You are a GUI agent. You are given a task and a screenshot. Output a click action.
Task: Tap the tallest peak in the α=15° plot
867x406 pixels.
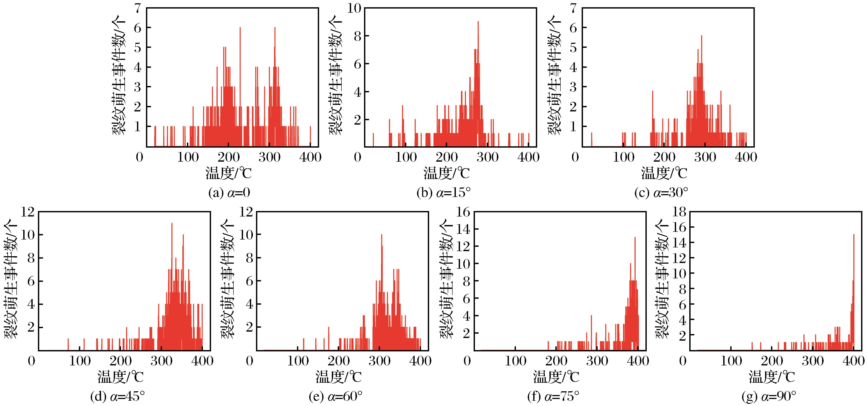(478, 22)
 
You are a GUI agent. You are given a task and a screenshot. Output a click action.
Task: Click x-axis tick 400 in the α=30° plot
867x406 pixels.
(746, 157)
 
